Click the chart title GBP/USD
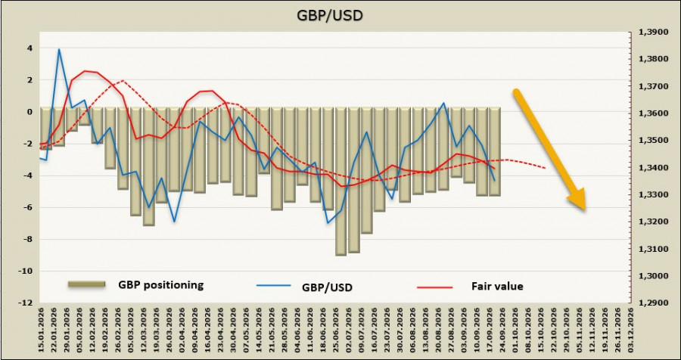[330, 15]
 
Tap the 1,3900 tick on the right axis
[651, 32]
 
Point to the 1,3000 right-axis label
[651, 276]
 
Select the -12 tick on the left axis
[27, 303]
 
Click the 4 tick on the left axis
[30, 48]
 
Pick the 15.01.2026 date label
[42, 329]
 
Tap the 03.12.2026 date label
[630, 329]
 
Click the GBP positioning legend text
[160, 285]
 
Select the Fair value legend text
[497, 287]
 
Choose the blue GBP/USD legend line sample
[273, 286]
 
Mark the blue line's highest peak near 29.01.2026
[59, 49]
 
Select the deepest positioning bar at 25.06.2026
[341, 182]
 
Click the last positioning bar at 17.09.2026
[495, 151]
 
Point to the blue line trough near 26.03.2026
[175, 222]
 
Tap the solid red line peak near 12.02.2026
[85, 71]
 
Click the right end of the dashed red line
[545, 168]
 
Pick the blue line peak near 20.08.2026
[443, 103]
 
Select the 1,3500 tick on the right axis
[651, 141]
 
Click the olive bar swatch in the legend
[87, 284]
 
